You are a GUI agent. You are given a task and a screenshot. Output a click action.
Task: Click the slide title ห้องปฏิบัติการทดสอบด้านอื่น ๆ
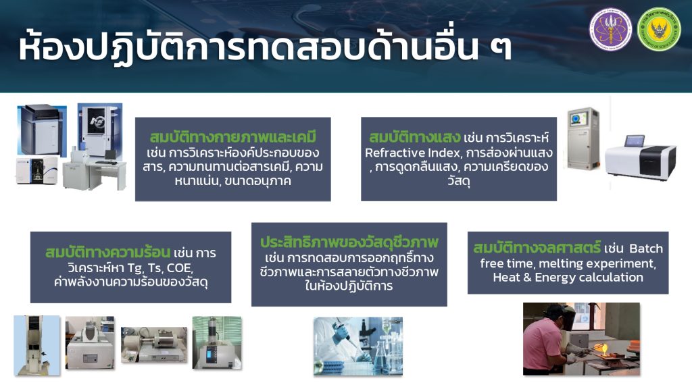coord(265,46)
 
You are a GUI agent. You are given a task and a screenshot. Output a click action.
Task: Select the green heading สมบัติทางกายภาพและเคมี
coord(233,137)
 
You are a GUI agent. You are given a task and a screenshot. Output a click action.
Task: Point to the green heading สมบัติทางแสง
coord(415,137)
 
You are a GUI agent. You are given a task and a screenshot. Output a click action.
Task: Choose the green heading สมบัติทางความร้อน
coord(107,253)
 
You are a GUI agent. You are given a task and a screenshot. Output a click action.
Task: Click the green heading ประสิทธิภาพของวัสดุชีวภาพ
coord(349,242)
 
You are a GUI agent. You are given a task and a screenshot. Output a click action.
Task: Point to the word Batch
coord(646,249)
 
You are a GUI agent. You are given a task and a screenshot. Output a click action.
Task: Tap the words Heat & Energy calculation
coord(568,278)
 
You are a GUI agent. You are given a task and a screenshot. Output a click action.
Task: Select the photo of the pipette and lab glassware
coord(358,346)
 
